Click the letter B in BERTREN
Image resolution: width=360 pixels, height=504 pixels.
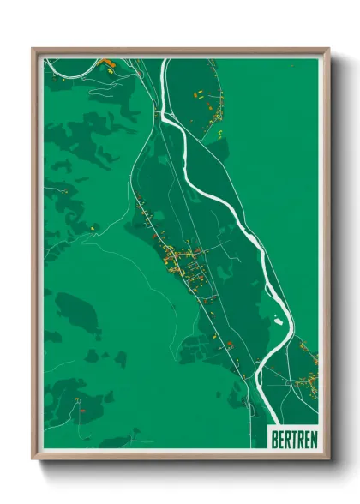274,438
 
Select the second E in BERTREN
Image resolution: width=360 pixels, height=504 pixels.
305,438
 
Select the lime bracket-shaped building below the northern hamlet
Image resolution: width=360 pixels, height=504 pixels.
220,133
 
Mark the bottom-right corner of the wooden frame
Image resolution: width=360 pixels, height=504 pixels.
327,459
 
